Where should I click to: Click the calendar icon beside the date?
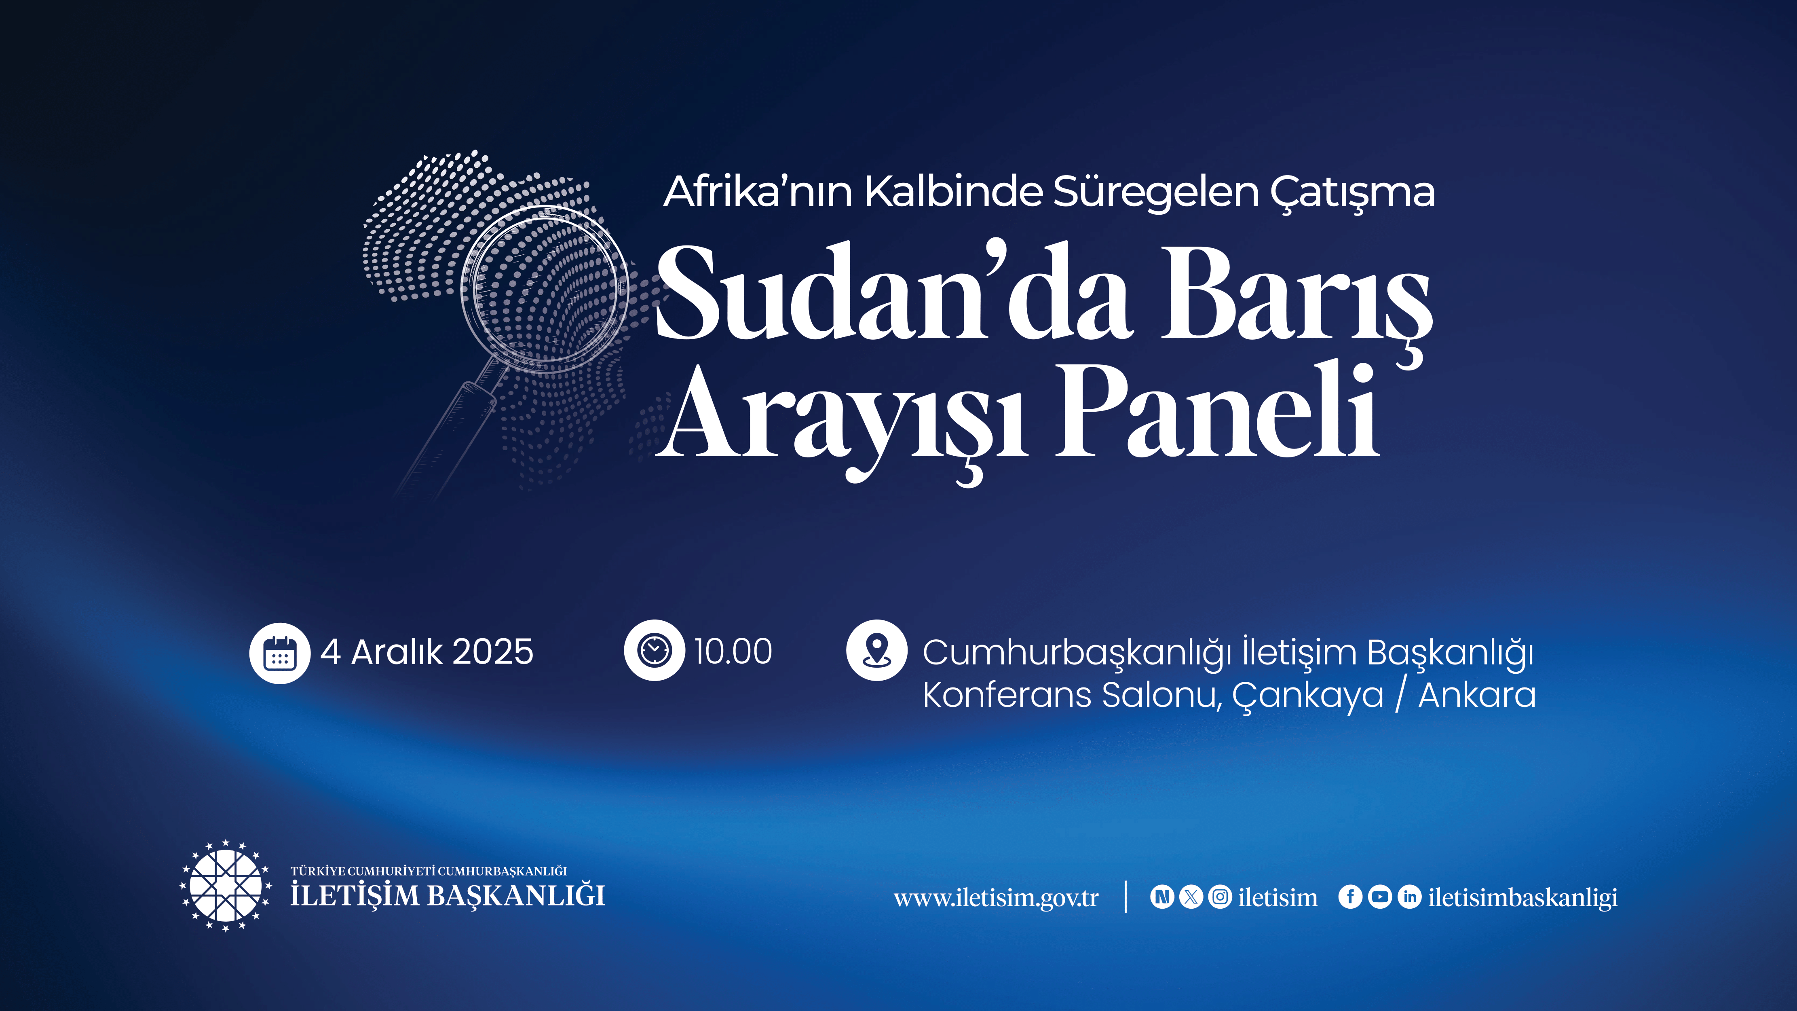pos(280,653)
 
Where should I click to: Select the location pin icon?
pos(877,650)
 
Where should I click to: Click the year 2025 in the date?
pos(493,652)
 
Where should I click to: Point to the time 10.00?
pos(733,651)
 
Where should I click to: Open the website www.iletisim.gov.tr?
pos(996,898)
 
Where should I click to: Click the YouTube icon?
pos(1380,897)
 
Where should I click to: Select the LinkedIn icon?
pos(1410,897)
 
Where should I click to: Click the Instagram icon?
pos(1220,897)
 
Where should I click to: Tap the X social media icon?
pos(1191,897)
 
